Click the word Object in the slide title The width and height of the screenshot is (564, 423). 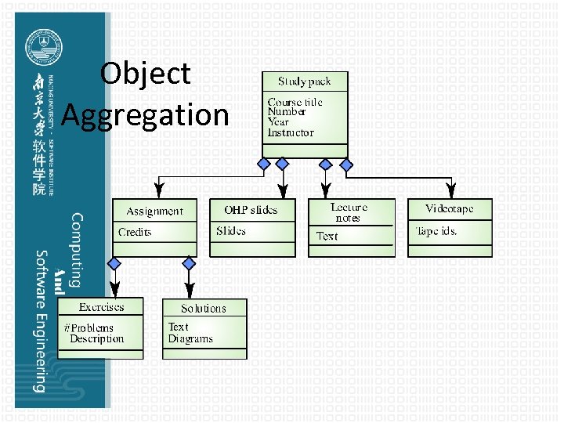(146, 74)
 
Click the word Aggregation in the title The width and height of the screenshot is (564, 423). (145, 115)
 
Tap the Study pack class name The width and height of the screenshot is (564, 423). (304, 81)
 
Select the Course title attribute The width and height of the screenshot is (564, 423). (295, 103)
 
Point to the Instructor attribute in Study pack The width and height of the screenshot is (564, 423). (290, 132)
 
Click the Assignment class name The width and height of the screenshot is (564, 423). (154, 211)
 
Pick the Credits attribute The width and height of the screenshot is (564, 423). (135, 233)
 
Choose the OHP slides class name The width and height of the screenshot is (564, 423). (251, 210)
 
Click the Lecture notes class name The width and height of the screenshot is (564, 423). (349, 212)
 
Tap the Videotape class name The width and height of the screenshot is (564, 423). (449, 209)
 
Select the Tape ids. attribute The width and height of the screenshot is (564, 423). (437, 231)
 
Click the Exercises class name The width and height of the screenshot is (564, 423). (101, 306)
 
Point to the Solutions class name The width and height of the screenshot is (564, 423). (204, 309)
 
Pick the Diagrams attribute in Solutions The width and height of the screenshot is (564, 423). (190, 339)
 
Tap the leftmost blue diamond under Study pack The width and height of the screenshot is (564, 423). (265, 164)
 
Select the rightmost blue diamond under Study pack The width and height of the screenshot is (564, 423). (346, 164)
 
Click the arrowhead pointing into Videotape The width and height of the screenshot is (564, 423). (450, 191)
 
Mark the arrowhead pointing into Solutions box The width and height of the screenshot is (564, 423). (188, 291)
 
